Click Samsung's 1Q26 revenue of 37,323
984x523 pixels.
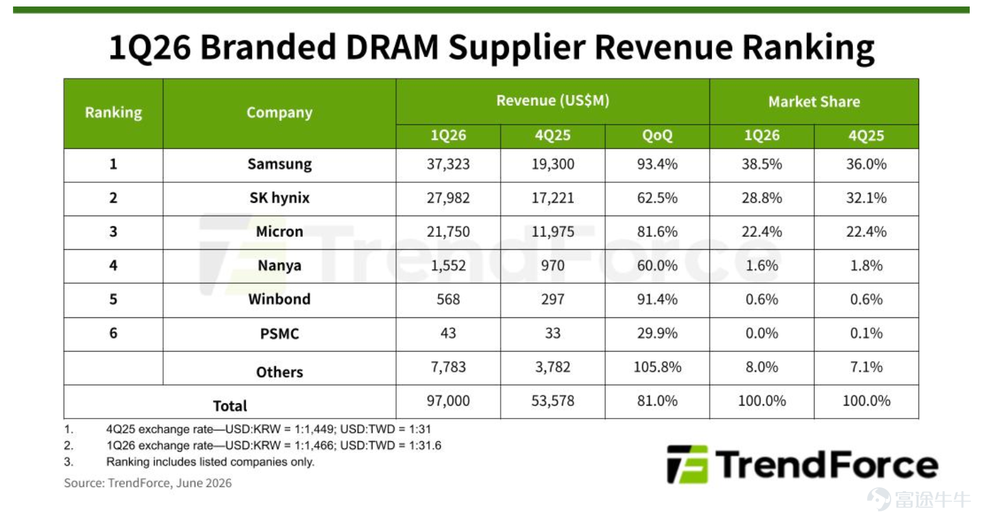[448, 164]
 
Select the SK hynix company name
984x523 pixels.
[279, 198]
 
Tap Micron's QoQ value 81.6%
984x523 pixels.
[657, 232]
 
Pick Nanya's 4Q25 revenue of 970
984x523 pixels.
[552, 265]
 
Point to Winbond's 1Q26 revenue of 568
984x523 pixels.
[448, 300]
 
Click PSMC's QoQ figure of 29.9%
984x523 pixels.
[657, 334]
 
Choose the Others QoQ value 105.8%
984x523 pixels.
[657, 367]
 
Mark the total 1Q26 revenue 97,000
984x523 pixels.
[448, 401]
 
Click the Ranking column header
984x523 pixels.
[114, 113]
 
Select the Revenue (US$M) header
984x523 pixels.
[552, 101]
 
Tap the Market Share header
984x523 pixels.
[814, 102]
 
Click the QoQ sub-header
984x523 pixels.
[657, 135]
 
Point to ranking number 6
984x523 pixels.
[114, 334]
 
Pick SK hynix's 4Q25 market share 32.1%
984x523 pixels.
[867, 198]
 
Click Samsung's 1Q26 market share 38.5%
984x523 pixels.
[762, 164]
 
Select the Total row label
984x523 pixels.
[230, 406]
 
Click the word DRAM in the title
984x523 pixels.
[392, 47]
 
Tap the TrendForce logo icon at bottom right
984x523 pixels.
[687, 464]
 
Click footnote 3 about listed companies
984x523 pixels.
[189, 462]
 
